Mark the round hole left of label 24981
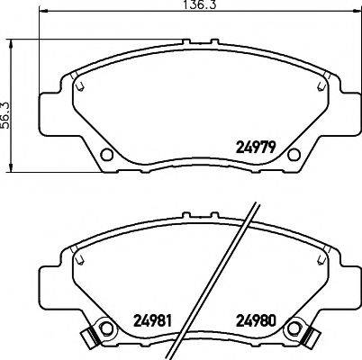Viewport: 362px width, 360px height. coord(105,329)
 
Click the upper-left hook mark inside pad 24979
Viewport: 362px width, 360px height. coord(81,85)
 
